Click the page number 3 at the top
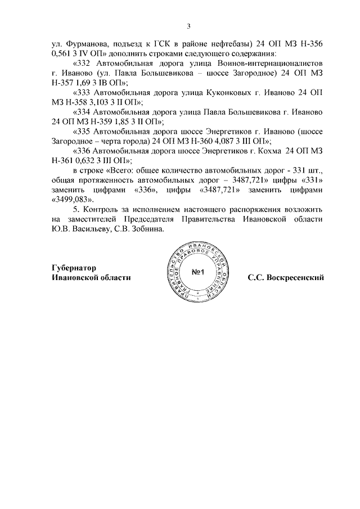190,25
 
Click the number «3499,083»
72,200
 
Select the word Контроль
104,210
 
